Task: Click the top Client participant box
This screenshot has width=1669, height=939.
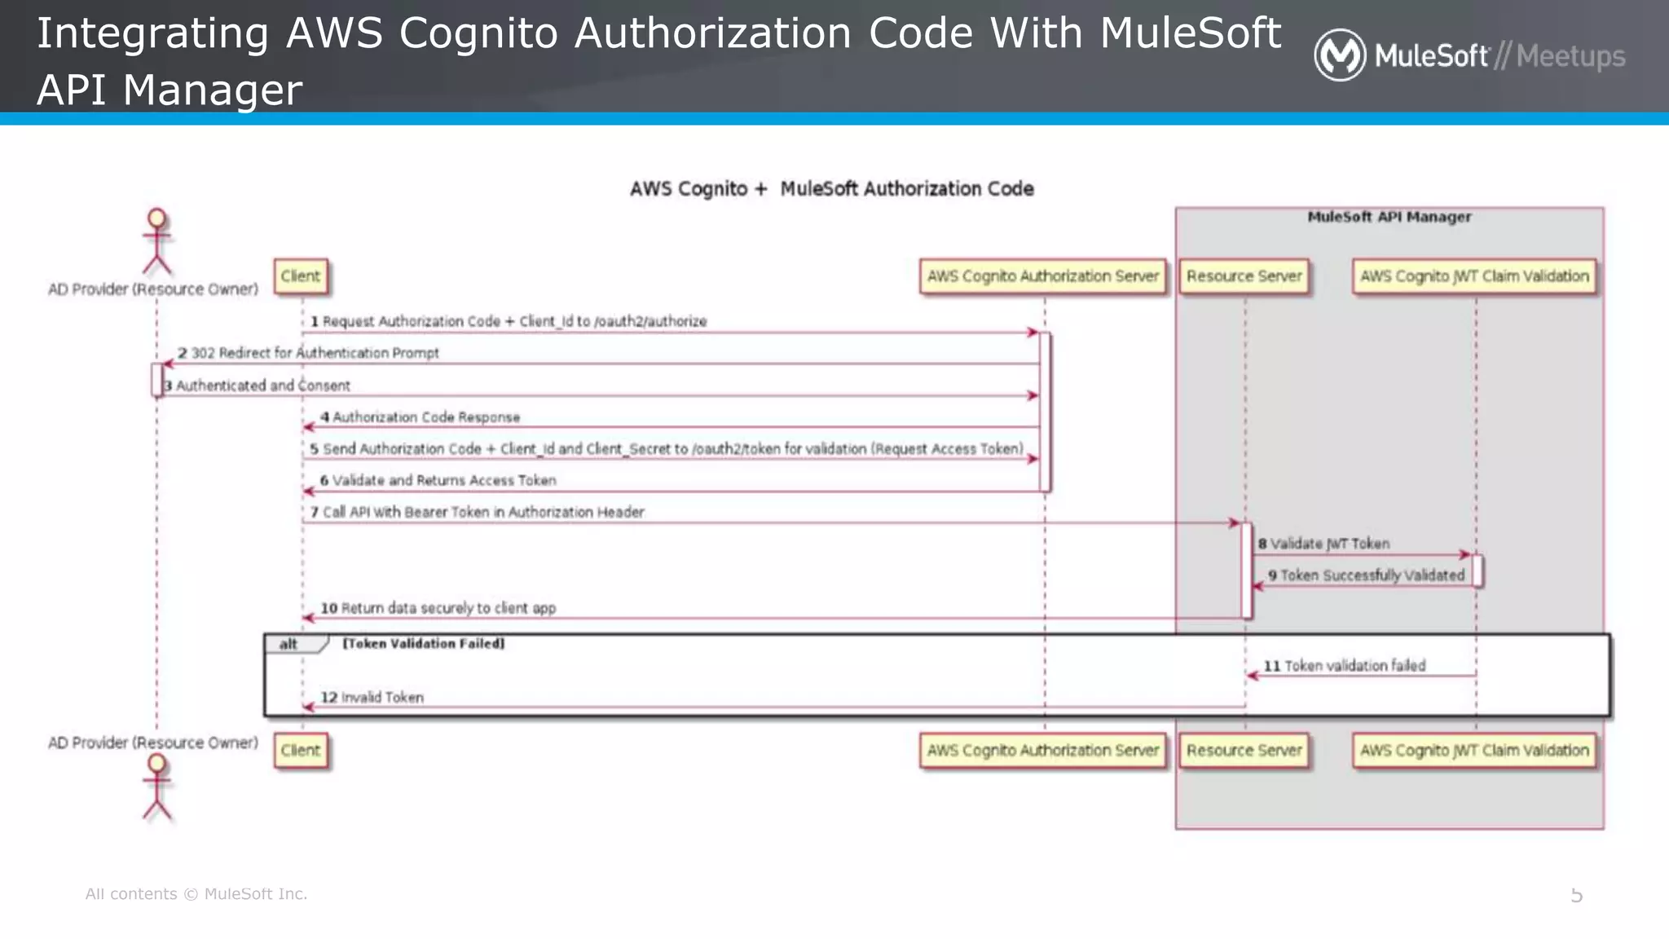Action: pyautogui.click(x=301, y=276)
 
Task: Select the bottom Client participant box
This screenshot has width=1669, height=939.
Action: pyautogui.click(x=301, y=751)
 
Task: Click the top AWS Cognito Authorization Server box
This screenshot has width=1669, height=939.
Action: pyautogui.click(x=1042, y=276)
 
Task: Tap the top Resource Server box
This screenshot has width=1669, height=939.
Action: pyautogui.click(x=1244, y=276)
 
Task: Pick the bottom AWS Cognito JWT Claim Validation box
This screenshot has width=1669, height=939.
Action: pyautogui.click(x=1474, y=751)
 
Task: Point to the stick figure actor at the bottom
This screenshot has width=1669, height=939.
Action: pyautogui.click(x=156, y=787)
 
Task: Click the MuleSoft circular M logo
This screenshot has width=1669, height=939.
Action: pyautogui.click(x=1339, y=55)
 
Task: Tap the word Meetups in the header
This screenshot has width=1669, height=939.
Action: pyautogui.click(x=1570, y=56)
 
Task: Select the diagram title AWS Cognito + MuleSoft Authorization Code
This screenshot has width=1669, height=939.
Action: pyautogui.click(x=831, y=189)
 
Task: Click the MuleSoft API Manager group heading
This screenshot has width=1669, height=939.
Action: pyautogui.click(x=1389, y=217)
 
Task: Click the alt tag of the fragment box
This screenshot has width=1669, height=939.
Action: pyautogui.click(x=289, y=644)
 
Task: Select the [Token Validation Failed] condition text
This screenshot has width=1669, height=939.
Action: pyautogui.click(x=423, y=644)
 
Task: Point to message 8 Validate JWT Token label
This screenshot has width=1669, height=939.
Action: pyautogui.click(x=1323, y=544)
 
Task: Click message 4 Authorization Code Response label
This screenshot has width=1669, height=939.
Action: pyautogui.click(x=420, y=417)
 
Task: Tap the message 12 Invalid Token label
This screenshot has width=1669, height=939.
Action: pyautogui.click(x=372, y=698)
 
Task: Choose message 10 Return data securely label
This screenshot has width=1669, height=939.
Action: pyautogui.click(x=438, y=608)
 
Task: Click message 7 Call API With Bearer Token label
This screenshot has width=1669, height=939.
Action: pyautogui.click(x=478, y=512)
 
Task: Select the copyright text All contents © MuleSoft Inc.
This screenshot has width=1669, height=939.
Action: pyautogui.click(x=196, y=894)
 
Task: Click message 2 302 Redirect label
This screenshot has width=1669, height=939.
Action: pyautogui.click(x=308, y=353)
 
